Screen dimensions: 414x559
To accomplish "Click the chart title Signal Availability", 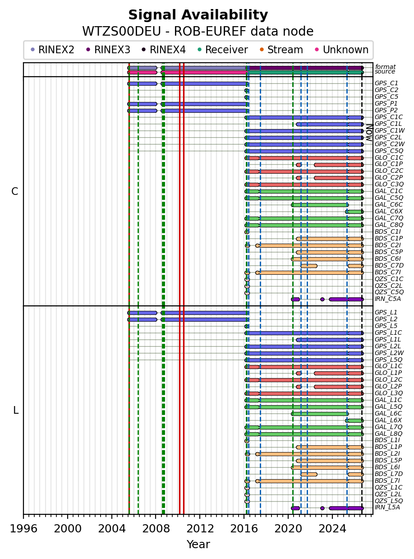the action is click(x=198, y=15).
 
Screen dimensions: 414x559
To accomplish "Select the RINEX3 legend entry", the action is click(x=108, y=50).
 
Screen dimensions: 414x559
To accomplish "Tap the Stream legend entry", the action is click(x=281, y=50).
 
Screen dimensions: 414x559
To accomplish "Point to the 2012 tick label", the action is click(x=200, y=528).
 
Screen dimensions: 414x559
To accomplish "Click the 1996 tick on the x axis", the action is click(x=23, y=517).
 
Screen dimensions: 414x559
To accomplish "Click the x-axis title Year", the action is click(x=198, y=545).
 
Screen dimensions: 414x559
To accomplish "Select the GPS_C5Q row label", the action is click(x=389, y=151).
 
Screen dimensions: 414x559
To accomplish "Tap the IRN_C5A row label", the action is click(x=387, y=299).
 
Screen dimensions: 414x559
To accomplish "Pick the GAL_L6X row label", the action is click(x=388, y=420).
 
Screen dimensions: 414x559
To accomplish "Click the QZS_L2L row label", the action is click(x=388, y=494).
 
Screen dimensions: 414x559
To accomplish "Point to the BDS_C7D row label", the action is click(x=389, y=265).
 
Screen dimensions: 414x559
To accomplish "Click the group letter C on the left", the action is click(x=14, y=192).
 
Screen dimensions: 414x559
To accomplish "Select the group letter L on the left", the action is click(x=16, y=411).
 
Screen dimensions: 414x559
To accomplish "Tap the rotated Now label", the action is click(x=369, y=133).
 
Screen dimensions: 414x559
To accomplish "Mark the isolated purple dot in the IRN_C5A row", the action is click(x=322, y=300).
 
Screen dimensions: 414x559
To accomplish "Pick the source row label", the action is click(x=385, y=72).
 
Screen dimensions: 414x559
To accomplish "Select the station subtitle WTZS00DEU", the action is click(x=121, y=32).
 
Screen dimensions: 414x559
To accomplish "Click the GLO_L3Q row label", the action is click(x=389, y=393).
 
